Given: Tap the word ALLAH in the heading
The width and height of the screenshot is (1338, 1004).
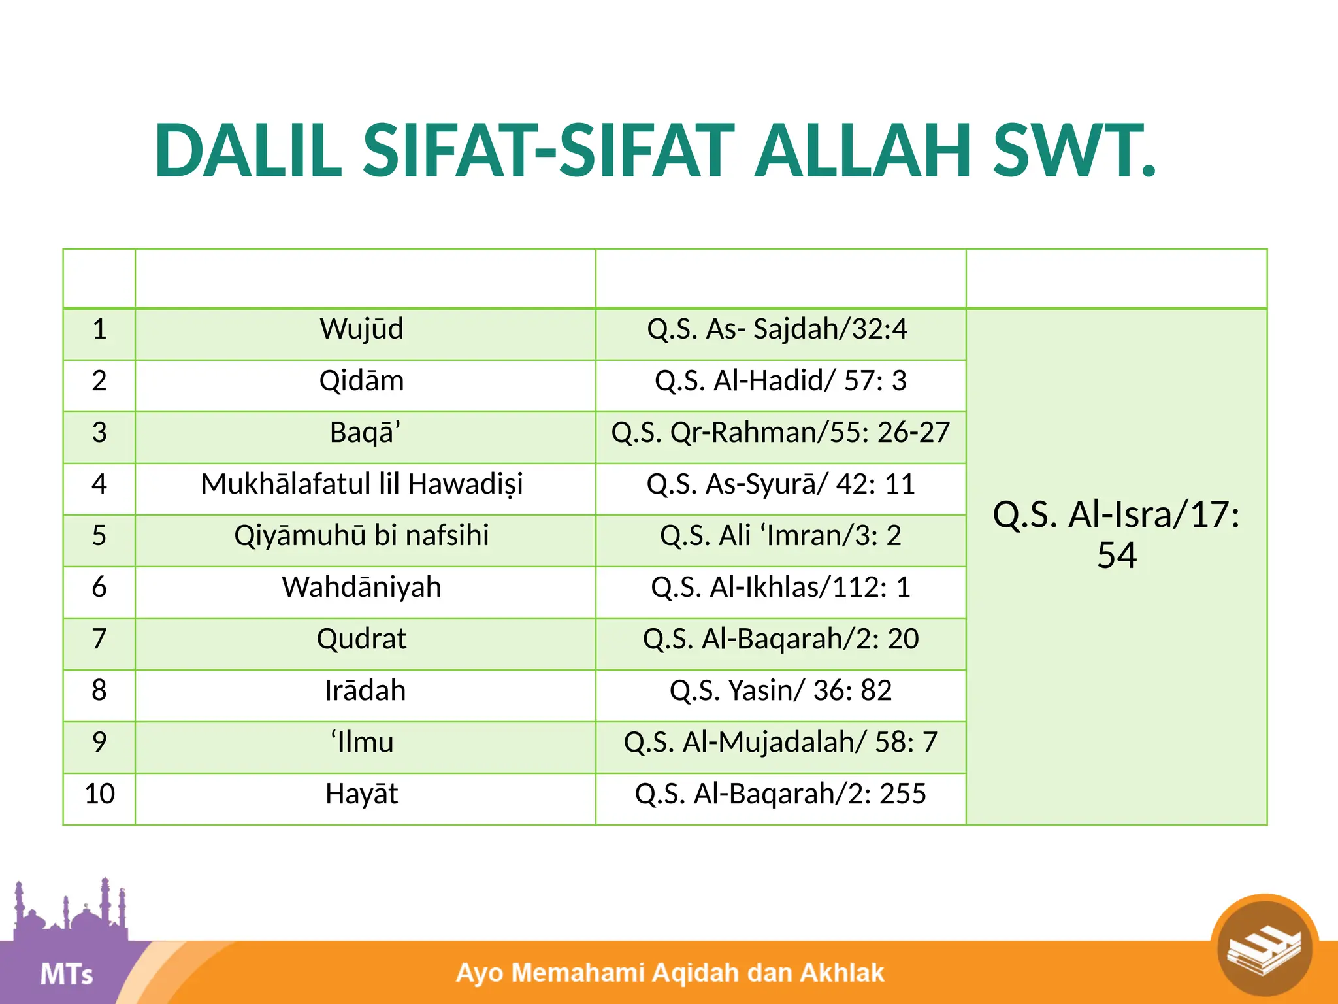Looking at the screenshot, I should pyautogui.click(x=862, y=152).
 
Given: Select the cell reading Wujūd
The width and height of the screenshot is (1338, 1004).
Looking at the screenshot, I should pyautogui.click(x=361, y=329).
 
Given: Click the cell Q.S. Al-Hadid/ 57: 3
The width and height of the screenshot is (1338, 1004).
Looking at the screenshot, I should pyautogui.click(x=781, y=380).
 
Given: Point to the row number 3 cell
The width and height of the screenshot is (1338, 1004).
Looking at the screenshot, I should pyautogui.click(x=99, y=432).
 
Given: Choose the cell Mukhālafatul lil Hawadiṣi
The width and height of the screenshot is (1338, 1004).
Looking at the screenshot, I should pyautogui.click(x=361, y=484).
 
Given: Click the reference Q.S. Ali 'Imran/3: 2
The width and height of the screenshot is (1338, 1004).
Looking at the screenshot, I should pyautogui.click(x=781, y=535).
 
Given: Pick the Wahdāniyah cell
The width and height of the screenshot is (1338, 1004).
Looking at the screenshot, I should pyautogui.click(x=361, y=587).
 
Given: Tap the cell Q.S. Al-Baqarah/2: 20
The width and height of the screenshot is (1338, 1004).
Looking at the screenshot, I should pyautogui.click(x=781, y=639).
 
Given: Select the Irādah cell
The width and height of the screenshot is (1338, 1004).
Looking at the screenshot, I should pyautogui.click(x=365, y=690).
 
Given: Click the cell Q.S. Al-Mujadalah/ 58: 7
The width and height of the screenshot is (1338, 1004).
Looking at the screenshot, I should pyautogui.click(x=781, y=742).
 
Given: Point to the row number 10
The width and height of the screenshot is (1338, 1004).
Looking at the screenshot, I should pyautogui.click(x=99, y=794).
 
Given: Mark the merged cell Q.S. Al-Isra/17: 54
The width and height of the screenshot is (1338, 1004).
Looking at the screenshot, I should pyautogui.click(x=1116, y=534).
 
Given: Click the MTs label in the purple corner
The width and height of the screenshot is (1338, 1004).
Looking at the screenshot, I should pyautogui.click(x=66, y=975).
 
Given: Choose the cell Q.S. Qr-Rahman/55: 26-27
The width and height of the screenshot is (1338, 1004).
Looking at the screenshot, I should pyautogui.click(x=781, y=432).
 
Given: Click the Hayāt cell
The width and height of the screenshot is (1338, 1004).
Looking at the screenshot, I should pyautogui.click(x=361, y=794).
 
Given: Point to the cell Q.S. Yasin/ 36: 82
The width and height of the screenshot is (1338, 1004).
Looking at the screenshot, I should pyautogui.click(x=781, y=690).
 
